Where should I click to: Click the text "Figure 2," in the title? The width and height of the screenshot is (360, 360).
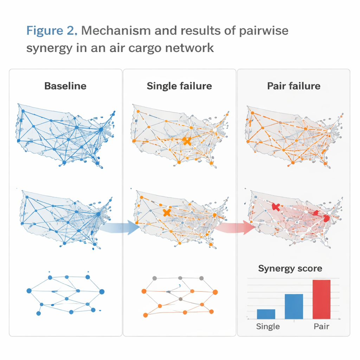[x=51, y=31]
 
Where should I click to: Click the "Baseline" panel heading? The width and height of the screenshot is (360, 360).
[x=65, y=86]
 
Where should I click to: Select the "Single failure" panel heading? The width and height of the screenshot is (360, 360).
[x=179, y=86]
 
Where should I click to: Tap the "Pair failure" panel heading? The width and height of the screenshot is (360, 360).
[x=294, y=86]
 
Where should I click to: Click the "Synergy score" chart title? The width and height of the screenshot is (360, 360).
[x=290, y=269]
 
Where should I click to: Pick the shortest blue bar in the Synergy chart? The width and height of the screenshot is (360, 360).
[x=266, y=314]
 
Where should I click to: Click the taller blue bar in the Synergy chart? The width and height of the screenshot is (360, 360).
[x=294, y=306]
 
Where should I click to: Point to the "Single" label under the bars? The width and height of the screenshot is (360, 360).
[x=268, y=326]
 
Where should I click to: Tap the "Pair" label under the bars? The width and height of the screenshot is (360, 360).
[x=321, y=326]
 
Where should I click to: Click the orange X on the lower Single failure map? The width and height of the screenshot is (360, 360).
[x=167, y=212]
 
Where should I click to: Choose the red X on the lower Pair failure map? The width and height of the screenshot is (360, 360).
[x=276, y=207]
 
